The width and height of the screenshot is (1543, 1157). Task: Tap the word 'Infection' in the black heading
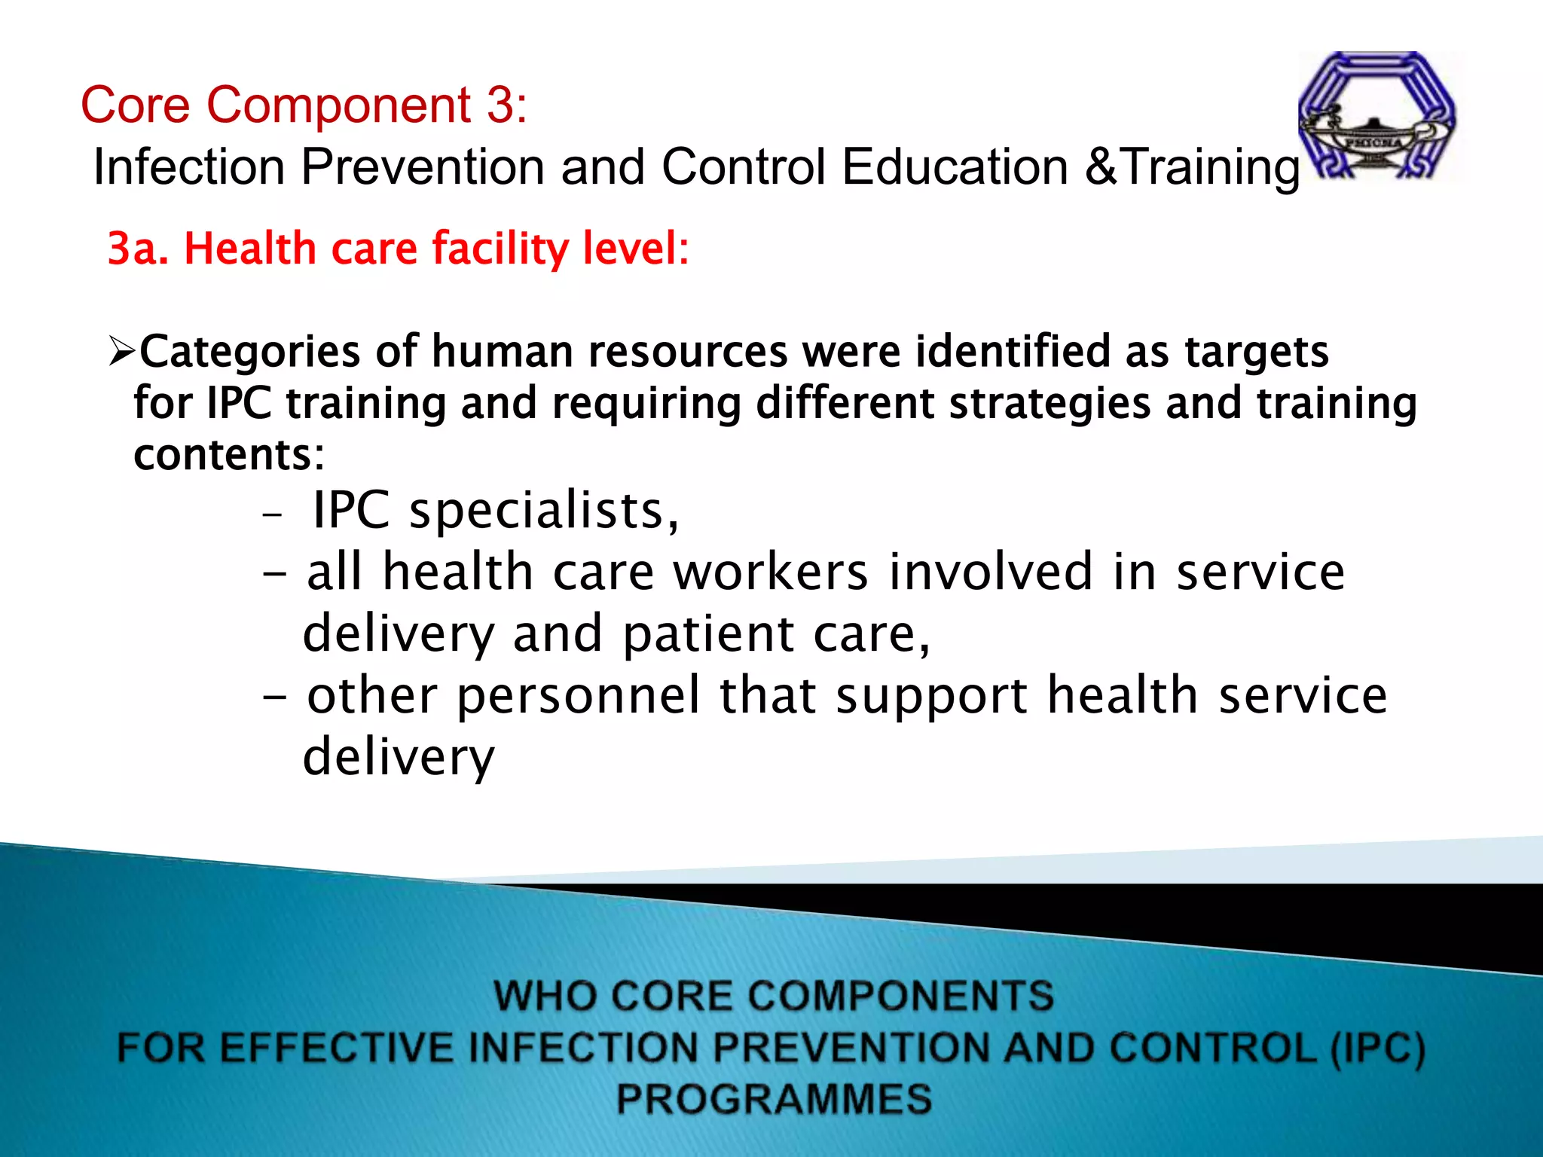(188, 166)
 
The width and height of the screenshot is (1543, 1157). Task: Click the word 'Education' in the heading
(955, 166)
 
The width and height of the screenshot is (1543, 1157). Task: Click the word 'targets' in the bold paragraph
(1256, 351)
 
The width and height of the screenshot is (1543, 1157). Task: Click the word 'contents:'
(229, 454)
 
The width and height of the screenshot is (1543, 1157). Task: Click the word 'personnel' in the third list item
(579, 695)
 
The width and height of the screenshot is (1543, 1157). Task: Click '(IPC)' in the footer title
(1377, 1049)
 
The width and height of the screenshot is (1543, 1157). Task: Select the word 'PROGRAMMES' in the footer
(774, 1099)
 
